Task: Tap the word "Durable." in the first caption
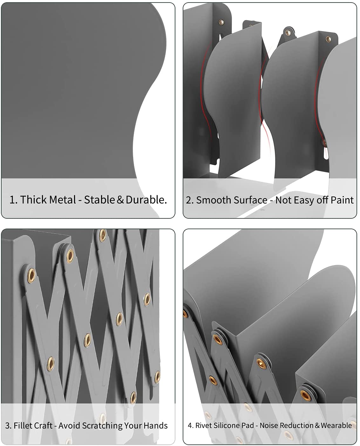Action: point(146,200)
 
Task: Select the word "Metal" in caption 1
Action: point(63,200)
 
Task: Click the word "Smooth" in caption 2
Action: point(210,200)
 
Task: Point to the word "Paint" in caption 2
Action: point(342,200)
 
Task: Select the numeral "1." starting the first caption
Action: point(14,200)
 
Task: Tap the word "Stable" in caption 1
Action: point(99,200)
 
